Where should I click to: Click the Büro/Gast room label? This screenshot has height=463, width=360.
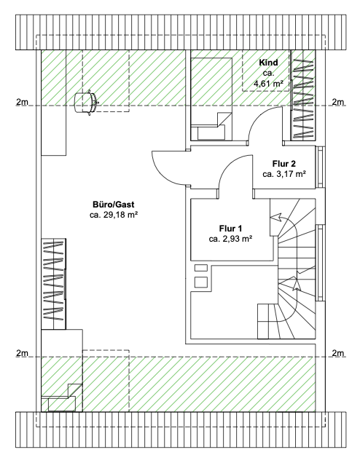(x=114, y=205)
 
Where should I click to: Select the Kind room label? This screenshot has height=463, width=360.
(x=268, y=63)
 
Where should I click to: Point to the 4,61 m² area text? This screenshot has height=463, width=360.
(x=268, y=84)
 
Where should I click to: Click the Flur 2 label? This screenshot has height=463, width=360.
(x=284, y=164)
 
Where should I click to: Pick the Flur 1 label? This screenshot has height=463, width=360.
(x=230, y=229)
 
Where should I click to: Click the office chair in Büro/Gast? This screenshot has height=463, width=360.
(x=86, y=103)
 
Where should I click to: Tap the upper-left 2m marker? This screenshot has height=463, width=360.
(x=22, y=102)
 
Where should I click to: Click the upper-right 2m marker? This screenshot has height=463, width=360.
(x=338, y=102)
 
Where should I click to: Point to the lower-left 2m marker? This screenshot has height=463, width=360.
(x=22, y=353)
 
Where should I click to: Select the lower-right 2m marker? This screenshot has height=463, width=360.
(x=338, y=353)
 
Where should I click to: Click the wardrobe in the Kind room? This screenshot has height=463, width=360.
(x=302, y=95)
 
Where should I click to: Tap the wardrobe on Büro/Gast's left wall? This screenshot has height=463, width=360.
(x=53, y=284)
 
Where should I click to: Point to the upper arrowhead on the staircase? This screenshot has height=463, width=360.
(x=275, y=218)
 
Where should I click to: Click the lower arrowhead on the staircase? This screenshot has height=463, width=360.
(x=296, y=284)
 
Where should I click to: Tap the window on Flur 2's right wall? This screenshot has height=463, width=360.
(x=320, y=167)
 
